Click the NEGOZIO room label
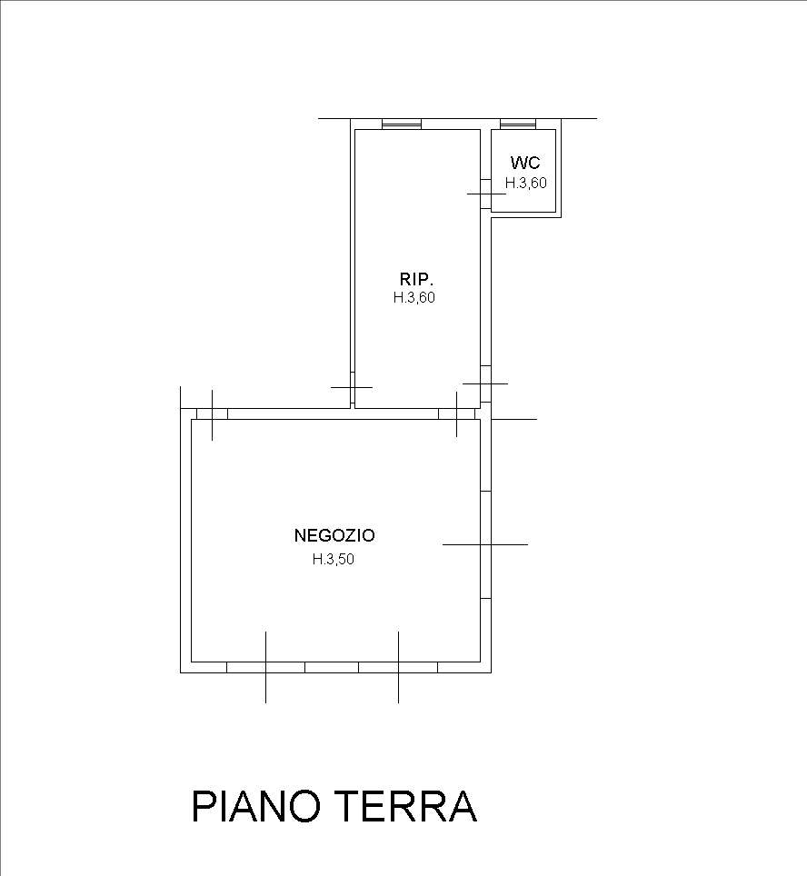(334, 535)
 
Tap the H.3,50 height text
(334, 559)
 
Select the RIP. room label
(417, 279)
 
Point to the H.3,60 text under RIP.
(414, 298)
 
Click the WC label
(525, 163)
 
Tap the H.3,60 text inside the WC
(526, 183)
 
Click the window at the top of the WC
(518, 124)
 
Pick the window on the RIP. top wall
(402, 124)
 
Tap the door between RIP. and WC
(485, 194)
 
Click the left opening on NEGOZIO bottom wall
(265, 667)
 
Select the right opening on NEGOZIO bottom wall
(398, 667)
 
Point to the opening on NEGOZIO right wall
(485, 544)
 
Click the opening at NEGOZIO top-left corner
(212, 414)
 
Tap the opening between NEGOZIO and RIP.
(456, 414)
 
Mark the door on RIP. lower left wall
(352, 388)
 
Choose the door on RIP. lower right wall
(485, 383)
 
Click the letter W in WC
(517, 163)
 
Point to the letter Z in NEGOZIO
(344, 535)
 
